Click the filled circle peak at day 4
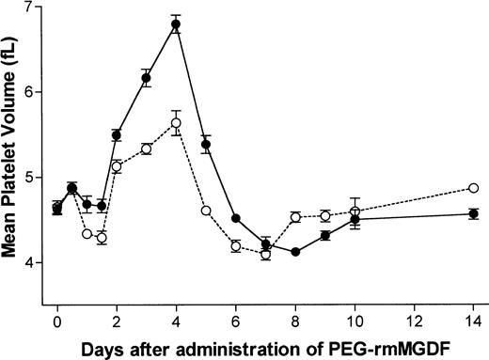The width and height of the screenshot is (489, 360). coord(176,24)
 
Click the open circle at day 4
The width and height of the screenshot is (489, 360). coord(176,122)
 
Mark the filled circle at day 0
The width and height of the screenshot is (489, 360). coord(57,209)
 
